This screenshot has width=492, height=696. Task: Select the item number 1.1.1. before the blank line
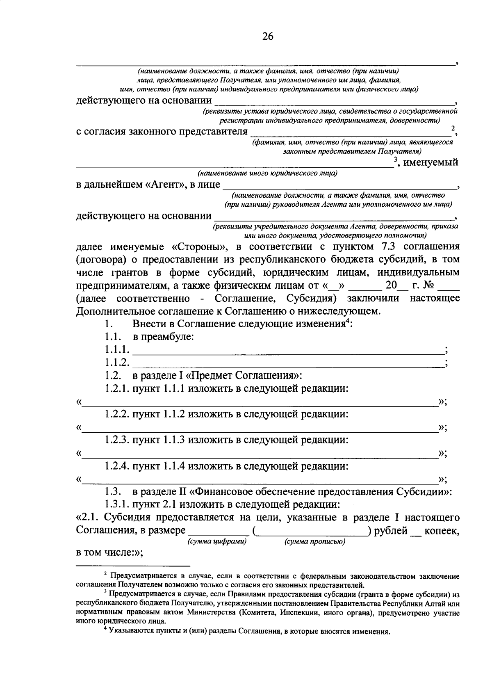click(x=117, y=350)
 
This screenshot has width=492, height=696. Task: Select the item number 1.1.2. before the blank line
click(x=117, y=363)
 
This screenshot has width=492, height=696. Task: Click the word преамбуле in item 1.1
click(x=168, y=337)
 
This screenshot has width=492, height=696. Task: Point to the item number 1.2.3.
click(x=117, y=440)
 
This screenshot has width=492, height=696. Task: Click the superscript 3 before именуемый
click(x=396, y=160)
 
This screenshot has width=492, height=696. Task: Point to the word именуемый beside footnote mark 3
click(x=431, y=162)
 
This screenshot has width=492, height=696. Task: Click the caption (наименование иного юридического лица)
click(x=267, y=173)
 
